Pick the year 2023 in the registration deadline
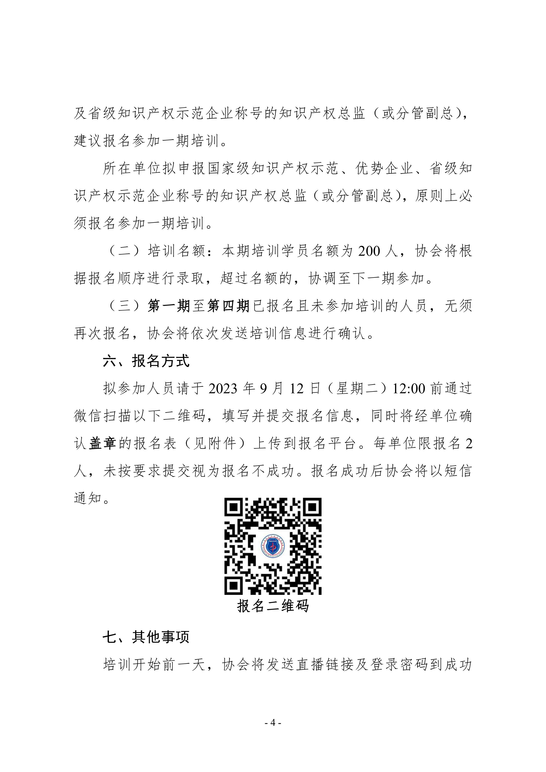tap(223, 389)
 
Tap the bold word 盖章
tap(103, 444)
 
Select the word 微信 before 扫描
tap(88, 417)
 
